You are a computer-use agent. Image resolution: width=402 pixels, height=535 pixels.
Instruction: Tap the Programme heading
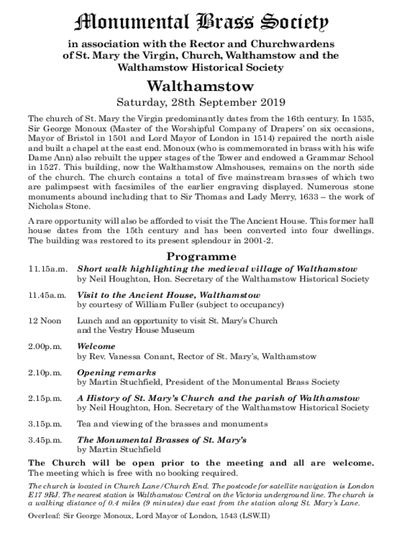[x=201, y=257]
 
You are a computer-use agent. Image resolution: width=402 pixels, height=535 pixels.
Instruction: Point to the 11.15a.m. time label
[x=48, y=269]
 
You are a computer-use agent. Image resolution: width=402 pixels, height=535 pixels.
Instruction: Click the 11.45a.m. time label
[x=48, y=295]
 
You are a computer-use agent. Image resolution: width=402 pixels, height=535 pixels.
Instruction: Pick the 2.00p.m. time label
[x=45, y=346]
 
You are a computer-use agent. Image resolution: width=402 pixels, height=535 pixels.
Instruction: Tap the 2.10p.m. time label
[x=45, y=373]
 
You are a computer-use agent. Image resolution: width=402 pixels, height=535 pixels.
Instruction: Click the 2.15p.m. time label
[x=45, y=398]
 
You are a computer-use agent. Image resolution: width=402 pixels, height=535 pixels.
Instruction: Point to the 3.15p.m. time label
[x=45, y=424]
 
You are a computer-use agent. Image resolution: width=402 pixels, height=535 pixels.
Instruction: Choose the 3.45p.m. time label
[x=45, y=440]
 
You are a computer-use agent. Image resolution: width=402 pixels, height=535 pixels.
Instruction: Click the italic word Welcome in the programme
[x=97, y=346]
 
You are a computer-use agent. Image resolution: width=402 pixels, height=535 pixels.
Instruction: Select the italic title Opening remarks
[x=116, y=373]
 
